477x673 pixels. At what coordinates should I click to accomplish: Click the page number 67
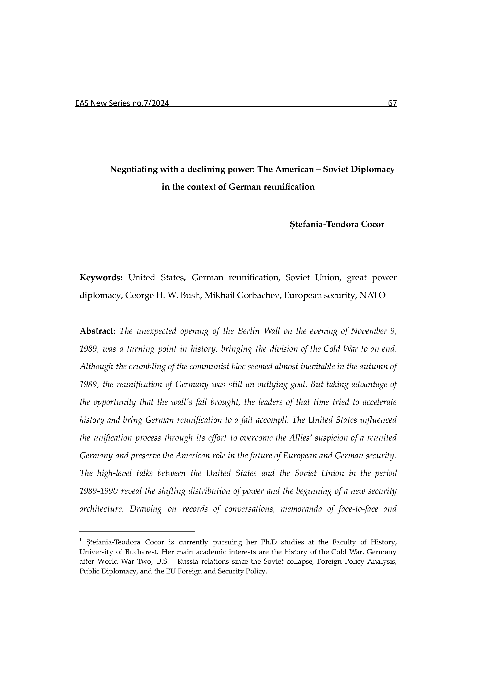click(392, 103)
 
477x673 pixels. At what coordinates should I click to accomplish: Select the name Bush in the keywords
click(190, 295)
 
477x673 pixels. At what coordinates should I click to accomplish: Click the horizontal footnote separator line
click(137, 531)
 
